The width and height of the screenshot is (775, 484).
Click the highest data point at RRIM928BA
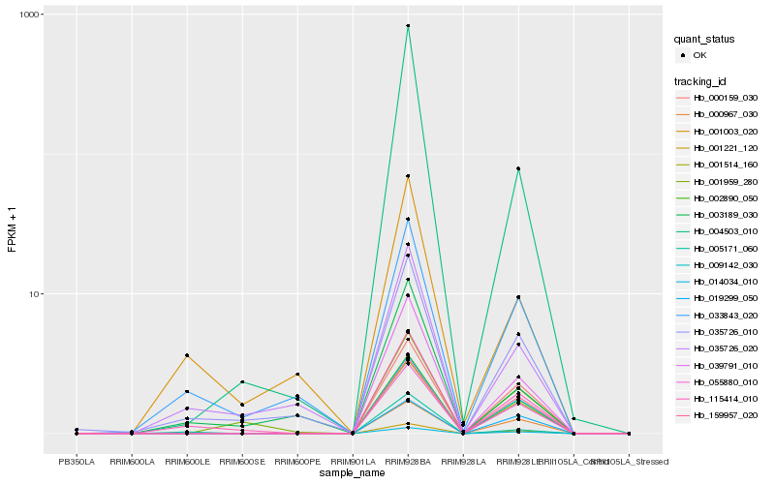(408, 26)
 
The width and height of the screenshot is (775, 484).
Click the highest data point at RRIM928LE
(518, 168)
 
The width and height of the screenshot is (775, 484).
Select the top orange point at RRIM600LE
(187, 356)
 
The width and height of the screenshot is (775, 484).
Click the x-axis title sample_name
(353, 471)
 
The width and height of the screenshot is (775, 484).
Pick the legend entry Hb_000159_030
(726, 98)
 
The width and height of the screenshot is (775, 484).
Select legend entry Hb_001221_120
(726, 148)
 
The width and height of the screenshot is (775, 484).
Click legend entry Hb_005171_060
(726, 248)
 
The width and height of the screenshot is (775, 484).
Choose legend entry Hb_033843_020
(726, 315)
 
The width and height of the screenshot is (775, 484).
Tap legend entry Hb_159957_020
(726, 414)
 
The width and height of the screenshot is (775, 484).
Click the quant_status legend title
(705, 40)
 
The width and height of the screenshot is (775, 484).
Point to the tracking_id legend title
(701, 81)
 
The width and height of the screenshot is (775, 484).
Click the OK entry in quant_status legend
(699, 56)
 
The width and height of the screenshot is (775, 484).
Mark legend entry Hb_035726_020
(726, 348)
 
